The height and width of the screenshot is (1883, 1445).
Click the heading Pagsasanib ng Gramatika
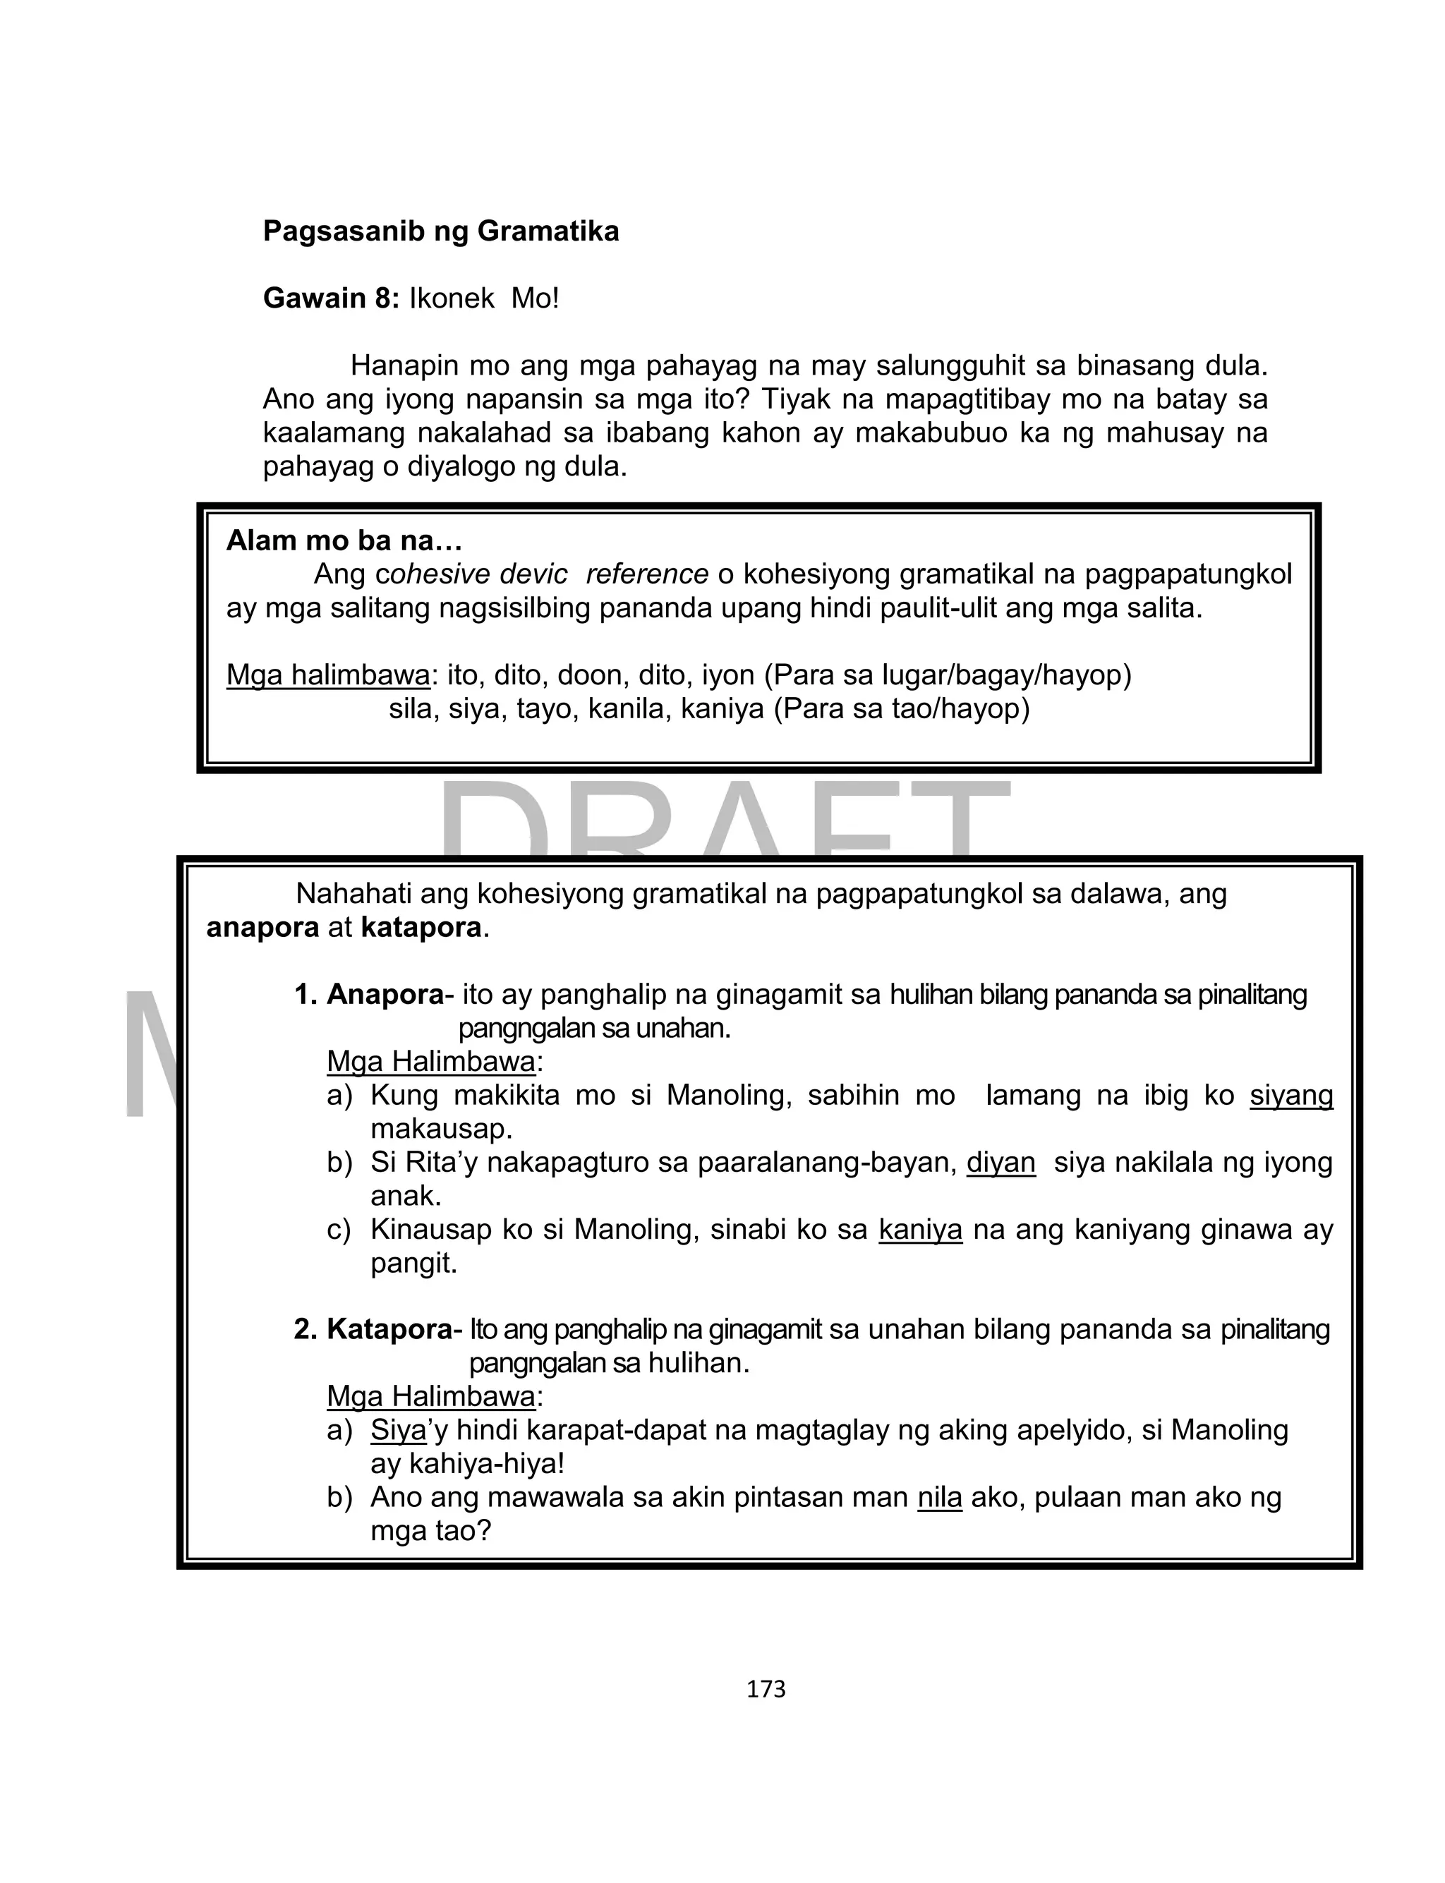pyautogui.click(x=440, y=231)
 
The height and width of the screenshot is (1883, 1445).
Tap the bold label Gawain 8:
pyautogui.click(x=331, y=298)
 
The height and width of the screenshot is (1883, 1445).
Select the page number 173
pyautogui.click(x=766, y=1689)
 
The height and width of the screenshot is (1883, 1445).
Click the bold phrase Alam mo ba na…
pyautogui.click(x=344, y=541)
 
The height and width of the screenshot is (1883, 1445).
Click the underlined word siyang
pyautogui.click(x=1291, y=1096)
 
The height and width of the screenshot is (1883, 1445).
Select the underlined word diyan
pyautogui.click(x=1000, y=1163)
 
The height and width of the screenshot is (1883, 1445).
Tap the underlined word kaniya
pyautogui.click(x=919, y=1230)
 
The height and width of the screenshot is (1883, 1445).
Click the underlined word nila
pyautogui.click(x=939, y=1497)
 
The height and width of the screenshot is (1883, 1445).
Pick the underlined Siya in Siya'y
pyautogui.click(x=397, y=1430)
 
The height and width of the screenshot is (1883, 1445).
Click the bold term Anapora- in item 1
pyautogui.click(x=389, y=995)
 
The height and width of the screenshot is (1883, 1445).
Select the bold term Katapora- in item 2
pyautogui.click(x=394, y=1329)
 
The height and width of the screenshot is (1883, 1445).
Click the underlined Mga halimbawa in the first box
pyautogui.click(x=327, y=676)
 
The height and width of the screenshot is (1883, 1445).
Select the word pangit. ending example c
pyautogui.click(x=413, y=1263)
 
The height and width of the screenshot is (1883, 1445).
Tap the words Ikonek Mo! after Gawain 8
pyautogui.click(x=483, y=298)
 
